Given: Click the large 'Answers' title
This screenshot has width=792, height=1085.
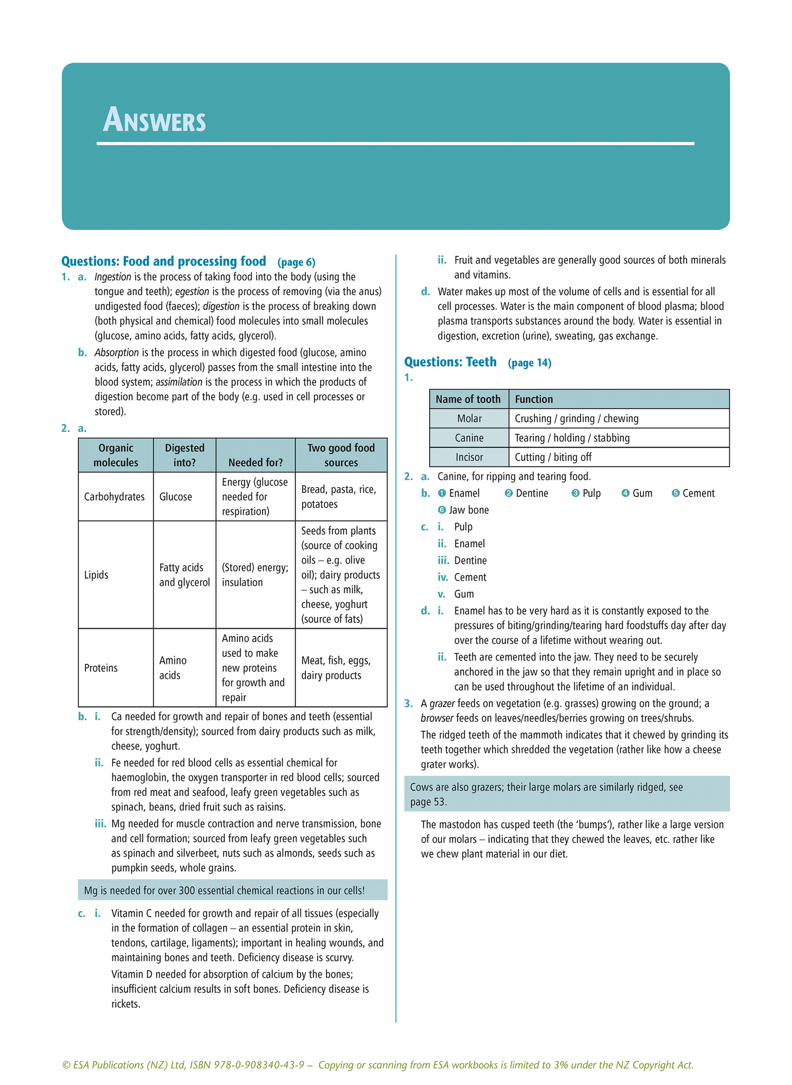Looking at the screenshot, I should [x=155, y=120].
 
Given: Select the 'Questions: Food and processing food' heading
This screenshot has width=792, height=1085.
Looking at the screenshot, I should [x=164, y=261].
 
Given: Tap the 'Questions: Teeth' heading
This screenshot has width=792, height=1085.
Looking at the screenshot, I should [x=450, y=362].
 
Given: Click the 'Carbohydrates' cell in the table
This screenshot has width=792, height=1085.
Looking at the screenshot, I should [x=115, y=497].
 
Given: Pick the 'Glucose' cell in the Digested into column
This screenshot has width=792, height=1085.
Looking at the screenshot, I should [x=176, y=497].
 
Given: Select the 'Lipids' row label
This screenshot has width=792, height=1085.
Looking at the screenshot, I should [x=96, y=575].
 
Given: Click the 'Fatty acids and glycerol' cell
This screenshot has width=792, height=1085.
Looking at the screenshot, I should [x=185, y=575].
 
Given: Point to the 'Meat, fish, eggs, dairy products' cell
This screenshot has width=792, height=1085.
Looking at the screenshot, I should [x=336, y=668].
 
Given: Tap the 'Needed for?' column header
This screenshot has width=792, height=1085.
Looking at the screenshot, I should [x=255, y=462].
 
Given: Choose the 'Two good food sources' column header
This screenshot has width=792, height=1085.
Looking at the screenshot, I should [x=341, y=455].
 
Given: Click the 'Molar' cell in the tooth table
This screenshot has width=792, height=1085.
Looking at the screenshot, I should [x=469, y=418].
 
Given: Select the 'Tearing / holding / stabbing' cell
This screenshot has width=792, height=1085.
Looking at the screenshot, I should [x=572, y=438].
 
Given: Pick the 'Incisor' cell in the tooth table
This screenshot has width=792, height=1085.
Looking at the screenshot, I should [x=469, y=457].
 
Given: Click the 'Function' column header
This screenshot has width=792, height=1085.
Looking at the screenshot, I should [x=534, y=399].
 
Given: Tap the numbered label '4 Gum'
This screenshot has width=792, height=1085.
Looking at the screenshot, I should [x=637, y=493].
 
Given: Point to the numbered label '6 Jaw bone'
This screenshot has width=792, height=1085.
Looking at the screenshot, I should [x=463, y=510].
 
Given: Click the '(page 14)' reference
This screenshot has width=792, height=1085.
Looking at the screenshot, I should [x=529, y=363].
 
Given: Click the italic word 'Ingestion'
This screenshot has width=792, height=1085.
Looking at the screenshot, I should [x=113, y=277].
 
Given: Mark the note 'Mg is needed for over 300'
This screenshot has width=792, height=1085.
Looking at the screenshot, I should [x=224, y=890].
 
